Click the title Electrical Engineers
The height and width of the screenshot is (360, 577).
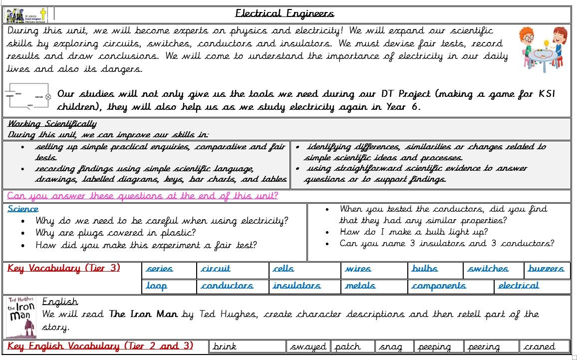[285, 13]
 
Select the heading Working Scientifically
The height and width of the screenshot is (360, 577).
[52, 124]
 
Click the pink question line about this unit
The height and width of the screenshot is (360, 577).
[143, 196]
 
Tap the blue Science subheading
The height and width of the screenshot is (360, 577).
[23, 209]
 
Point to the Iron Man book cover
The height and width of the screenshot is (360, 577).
[20, 317]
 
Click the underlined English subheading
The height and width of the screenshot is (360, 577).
[60, 302]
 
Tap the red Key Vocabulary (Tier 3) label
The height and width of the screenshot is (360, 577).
[64, 268]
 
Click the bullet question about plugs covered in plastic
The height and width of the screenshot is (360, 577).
[115, 233]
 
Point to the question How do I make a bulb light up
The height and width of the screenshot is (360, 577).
[413, 232]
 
